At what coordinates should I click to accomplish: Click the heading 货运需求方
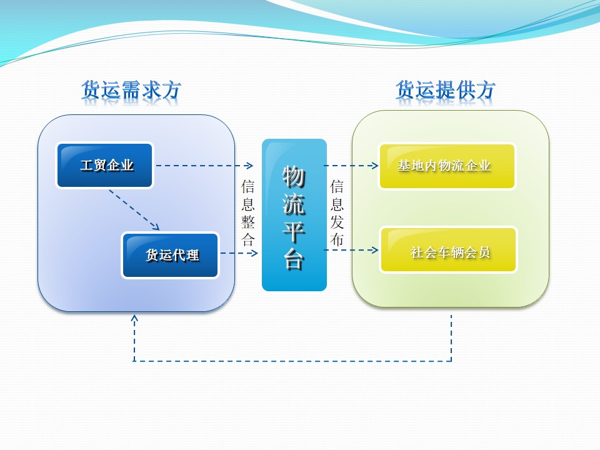[131, 91]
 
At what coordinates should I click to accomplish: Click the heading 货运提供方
[445, 91]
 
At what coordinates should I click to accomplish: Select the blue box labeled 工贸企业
[105, 166]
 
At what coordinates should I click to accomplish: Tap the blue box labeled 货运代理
[171, 255]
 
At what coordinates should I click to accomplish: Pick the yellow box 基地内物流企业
[447, 166]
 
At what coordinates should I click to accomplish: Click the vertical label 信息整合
[248, 212]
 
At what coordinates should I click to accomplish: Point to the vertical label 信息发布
[337, 212]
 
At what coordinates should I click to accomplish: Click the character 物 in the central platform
[294, 176]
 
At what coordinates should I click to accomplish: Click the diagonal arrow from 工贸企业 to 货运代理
[134, 210]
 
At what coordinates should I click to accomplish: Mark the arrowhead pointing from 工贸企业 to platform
[249, 166]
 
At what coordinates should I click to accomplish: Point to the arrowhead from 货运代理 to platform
[254, 253]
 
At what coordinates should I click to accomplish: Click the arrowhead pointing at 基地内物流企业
[375, 166]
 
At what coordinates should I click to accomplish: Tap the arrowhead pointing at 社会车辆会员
[375, 250]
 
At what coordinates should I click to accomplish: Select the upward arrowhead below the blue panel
[134, 318]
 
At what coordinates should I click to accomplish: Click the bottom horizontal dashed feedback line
[292, 361]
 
